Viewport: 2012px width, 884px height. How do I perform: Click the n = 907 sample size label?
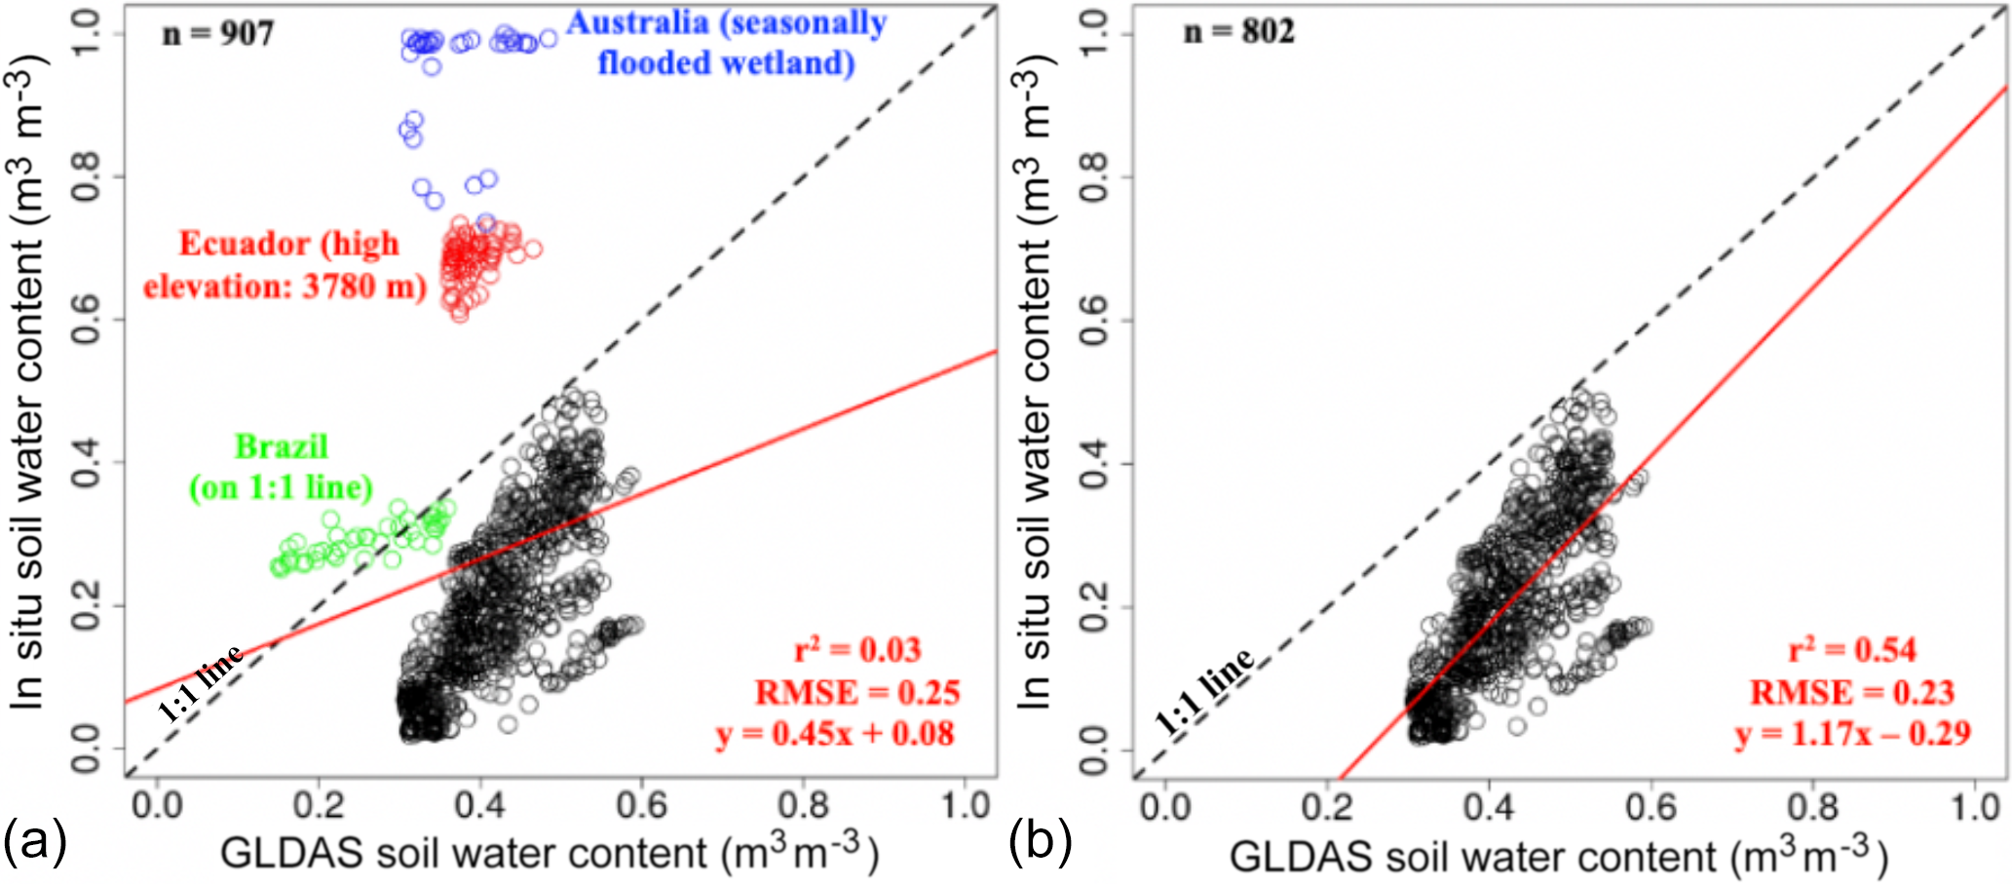coord(218,34)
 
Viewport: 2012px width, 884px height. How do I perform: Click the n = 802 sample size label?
coord(1238,32)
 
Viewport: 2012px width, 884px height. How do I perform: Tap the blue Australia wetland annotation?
coord(727,43)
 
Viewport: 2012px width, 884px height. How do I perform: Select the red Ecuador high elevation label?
coord(286,265)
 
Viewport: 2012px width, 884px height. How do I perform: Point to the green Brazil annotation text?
coord(281,467)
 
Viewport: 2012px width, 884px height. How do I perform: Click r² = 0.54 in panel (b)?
coord(1852,650)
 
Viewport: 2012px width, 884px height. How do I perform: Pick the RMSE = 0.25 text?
coord(857,693)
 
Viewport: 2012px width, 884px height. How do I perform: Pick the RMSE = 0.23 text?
coord(1852,693)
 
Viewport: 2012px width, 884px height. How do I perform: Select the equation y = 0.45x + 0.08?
coord(835,734)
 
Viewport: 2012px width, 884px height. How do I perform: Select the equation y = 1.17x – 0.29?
coord(1852,734)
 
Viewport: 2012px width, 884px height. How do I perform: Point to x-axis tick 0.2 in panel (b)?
coord(1327,807)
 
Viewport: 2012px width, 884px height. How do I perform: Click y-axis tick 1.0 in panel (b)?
coord(1094,34)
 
